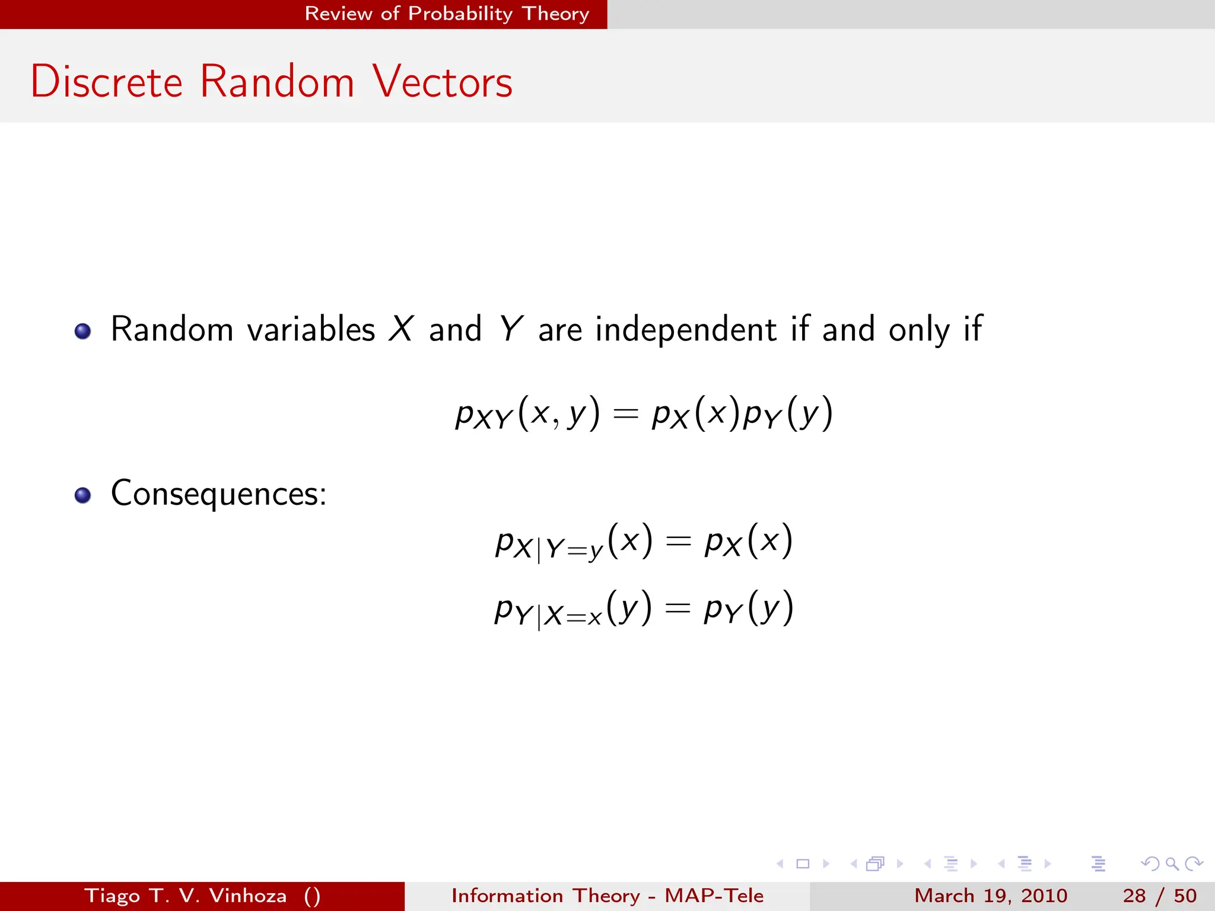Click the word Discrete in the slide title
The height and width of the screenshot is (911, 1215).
(107, 81)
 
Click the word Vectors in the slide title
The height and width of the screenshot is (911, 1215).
(443, 81)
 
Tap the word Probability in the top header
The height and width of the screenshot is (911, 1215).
(460, 14)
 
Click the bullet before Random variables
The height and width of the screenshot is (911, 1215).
(82, 331)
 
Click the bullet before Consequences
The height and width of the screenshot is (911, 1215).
(82, 495)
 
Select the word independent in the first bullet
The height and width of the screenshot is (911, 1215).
(685, 329)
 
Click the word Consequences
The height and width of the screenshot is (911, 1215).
(218, 493)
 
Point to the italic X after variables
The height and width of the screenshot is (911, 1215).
(401, 329)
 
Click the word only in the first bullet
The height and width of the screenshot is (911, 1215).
(918, 329)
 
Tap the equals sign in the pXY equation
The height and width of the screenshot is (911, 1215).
(625, 413)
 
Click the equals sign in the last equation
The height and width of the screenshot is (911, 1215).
(678, 608)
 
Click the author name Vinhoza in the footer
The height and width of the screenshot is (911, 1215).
(248, 896)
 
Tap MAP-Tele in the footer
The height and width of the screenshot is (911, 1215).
(714, 896)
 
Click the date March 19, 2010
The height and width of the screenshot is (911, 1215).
(990, 896)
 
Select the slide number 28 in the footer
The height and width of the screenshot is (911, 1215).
(1134, 896)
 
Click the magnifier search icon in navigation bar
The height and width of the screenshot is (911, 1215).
(1172, 864)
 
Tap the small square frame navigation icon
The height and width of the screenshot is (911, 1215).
(803, 864)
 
